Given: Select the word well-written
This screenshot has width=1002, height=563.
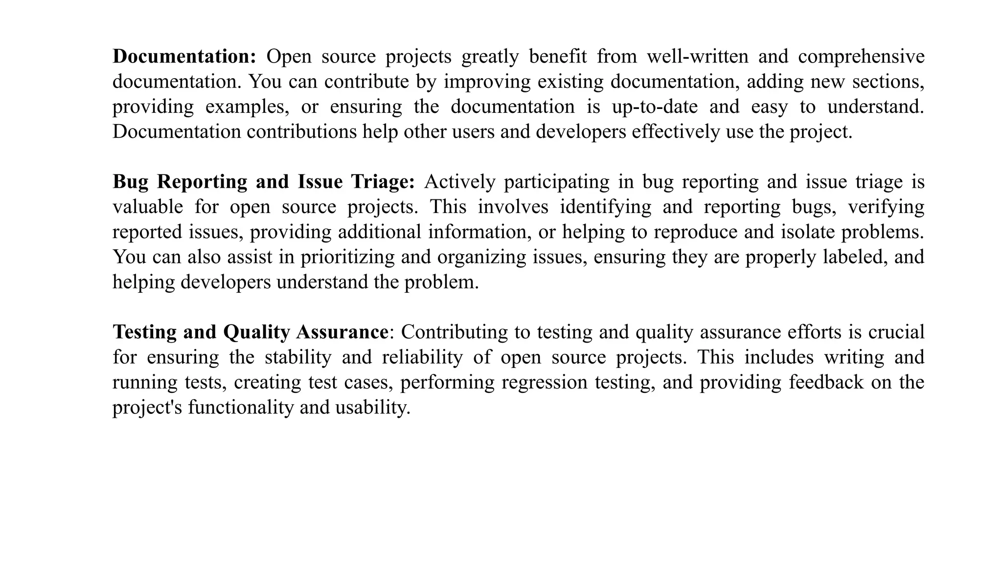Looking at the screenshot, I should pyautogui.click(x=698, y=57).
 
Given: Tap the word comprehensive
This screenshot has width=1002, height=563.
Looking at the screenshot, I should pyautogui.click(x=861, y=57).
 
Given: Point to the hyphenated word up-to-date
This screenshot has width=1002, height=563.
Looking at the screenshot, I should pyautogui.click(x=655, y=107).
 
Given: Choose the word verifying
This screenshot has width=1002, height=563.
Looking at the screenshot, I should pyautogui.click(x=886, y=207).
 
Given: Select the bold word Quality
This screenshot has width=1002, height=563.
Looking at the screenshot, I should pyautogui.click(x=256, y=332).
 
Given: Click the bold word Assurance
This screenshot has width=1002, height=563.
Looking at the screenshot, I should pyautogui.click(x=342, y=332).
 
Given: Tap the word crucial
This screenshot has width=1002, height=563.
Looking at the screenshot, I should pyautogui.click(x=896, y=332).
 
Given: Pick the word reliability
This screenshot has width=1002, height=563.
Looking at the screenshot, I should pyautogui.click(x=422, y=357).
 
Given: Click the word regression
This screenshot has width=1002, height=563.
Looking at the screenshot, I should pyautogui.click(x=545, y=382).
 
